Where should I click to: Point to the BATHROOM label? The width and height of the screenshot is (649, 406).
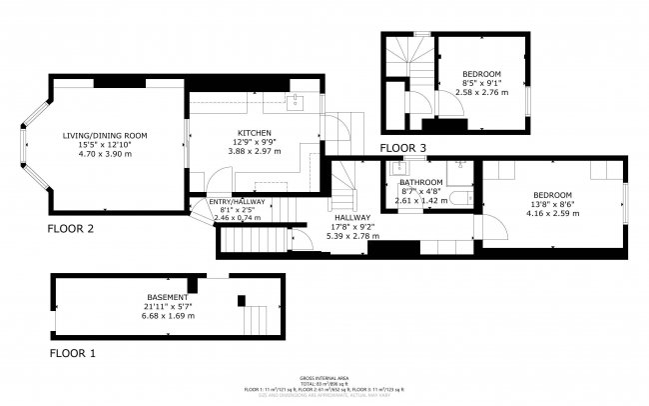click(420, 182)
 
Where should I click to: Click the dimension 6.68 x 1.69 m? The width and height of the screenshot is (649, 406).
click(168, 316)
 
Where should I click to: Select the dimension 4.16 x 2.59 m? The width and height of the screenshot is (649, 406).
click(551, 213)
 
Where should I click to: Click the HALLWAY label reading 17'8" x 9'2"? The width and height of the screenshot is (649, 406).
click(352, 227)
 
